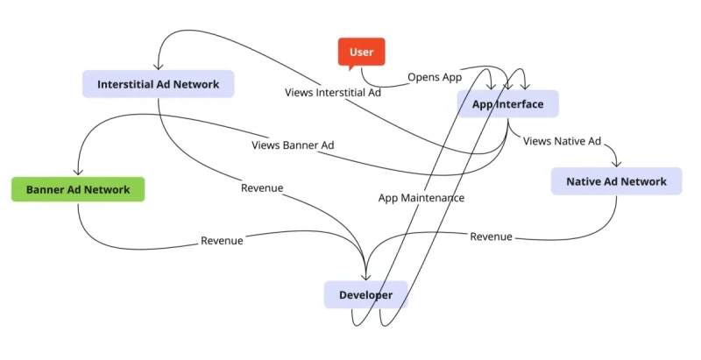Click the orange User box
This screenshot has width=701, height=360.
361,53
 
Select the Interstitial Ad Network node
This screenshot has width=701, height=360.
159,84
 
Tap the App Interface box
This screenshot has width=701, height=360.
507,104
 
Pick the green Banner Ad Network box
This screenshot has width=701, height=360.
78,189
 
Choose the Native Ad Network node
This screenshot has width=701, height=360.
616,181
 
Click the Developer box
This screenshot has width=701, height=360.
365,295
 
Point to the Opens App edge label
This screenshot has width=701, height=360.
435,77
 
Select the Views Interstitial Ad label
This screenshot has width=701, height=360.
333,92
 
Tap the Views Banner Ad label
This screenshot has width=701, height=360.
293,145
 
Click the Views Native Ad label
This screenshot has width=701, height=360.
562,140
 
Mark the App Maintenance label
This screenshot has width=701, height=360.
421,198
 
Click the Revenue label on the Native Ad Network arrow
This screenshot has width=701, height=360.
491,236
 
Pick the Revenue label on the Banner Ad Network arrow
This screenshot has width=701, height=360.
222,240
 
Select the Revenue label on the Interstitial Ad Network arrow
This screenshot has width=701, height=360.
262,187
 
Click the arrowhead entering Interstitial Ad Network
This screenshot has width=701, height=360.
159,67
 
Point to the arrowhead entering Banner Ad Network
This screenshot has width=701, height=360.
78,173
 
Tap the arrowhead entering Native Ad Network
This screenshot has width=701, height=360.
616,164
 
